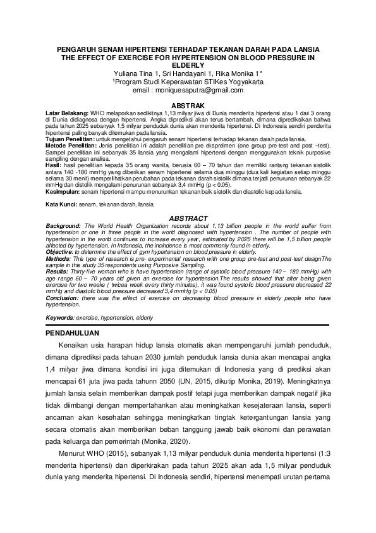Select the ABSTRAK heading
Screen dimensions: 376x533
tap(188, 105)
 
